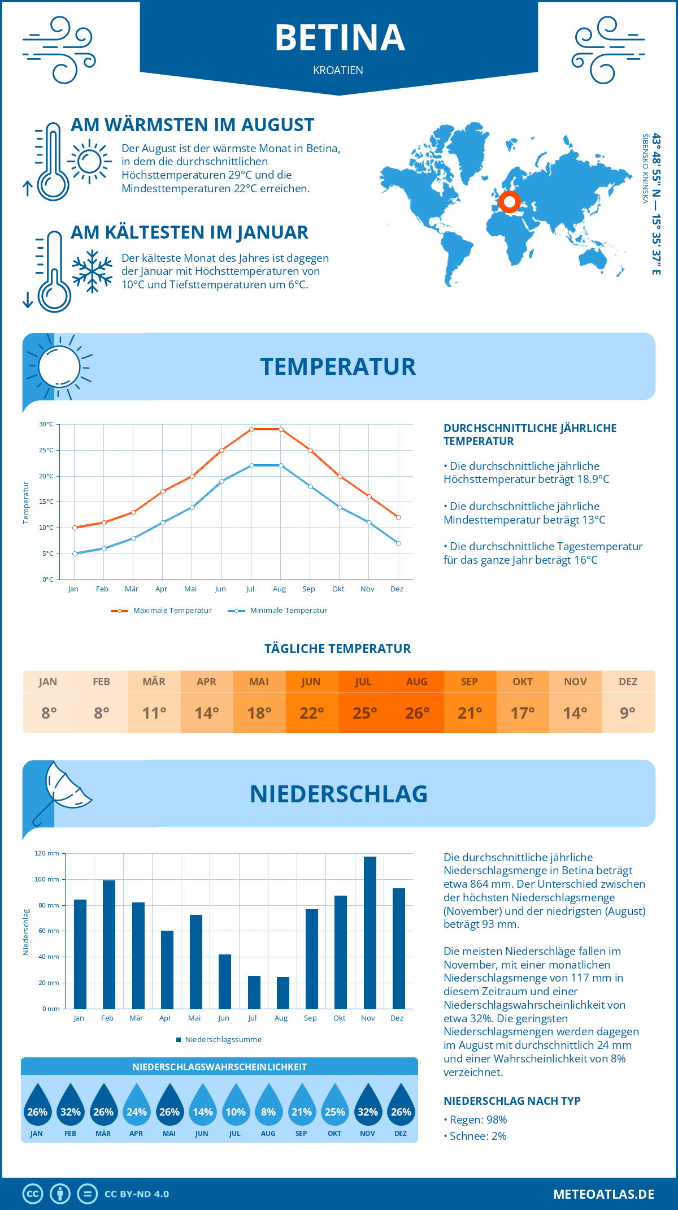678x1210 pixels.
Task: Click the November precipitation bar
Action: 370,933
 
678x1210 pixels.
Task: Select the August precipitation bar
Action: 283,993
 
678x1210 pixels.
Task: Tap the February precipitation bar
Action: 109,944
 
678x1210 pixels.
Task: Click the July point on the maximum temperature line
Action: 251,429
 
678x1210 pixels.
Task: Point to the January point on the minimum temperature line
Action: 75,554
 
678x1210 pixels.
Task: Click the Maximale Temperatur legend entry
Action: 162,611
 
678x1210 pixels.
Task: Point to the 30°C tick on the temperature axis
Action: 46,424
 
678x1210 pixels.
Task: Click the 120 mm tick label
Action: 47,853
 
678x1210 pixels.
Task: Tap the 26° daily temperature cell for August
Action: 417,713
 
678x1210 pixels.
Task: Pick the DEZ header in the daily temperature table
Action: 628,682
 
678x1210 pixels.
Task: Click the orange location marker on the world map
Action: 509,201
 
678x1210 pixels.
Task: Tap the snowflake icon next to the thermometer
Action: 92,271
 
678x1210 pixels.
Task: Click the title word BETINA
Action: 340,38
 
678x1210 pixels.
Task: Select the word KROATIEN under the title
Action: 338,71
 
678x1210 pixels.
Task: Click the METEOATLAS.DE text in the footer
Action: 603,1194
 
